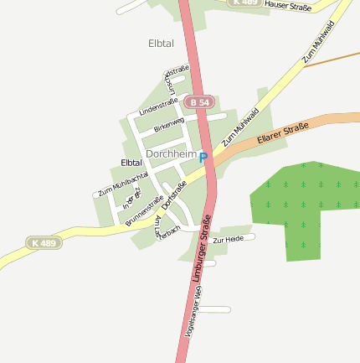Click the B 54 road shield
(x=201, y=101)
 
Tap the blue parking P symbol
(x=203, y=156)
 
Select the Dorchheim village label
(x=171, y=154)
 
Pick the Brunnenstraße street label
(x=144, y=211)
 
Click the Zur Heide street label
(x=228, y=241)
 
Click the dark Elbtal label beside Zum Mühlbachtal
(x=131, y=162)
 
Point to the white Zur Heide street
(x=243, y=236)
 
